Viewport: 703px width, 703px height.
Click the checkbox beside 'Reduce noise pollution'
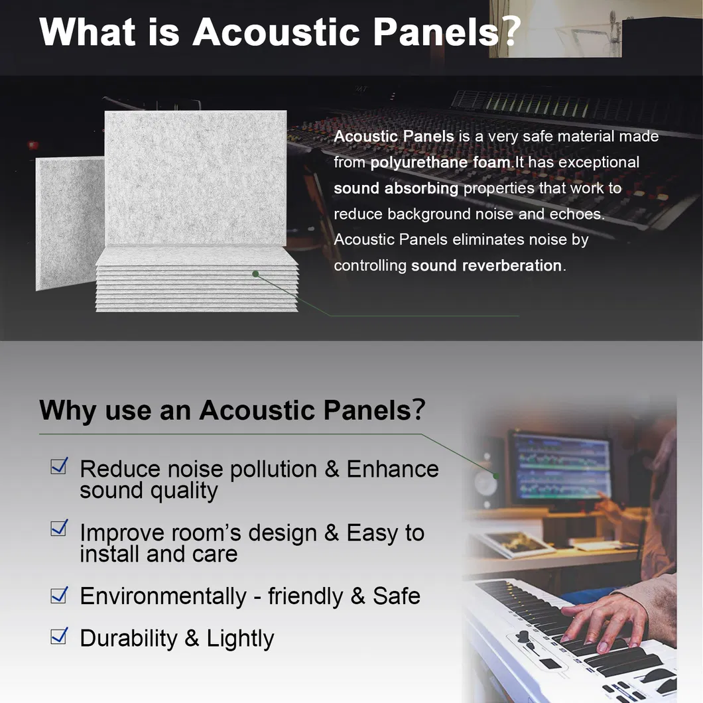click(59, 466)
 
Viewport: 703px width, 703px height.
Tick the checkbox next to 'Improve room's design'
click(59, 528)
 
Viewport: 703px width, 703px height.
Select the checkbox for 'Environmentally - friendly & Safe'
click(59, 595)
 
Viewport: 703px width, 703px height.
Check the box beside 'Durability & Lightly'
click(59, 636)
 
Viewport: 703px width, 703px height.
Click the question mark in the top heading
click(511, 31)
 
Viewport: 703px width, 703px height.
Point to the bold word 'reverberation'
click(511, 265)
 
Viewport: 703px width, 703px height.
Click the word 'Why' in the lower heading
click(67, 410)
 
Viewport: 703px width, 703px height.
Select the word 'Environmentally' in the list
click(163, 596)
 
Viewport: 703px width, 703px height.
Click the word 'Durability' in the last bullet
click(129, 638)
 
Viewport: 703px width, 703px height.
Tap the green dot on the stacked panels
click(255, 273)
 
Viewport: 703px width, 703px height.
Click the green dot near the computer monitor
click(495, 476)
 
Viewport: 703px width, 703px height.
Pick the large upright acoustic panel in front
click(196, 178)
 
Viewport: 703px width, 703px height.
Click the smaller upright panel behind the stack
click(70, 223)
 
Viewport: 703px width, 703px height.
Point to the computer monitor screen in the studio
click(561, 467)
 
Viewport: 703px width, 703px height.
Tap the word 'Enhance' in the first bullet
click(393, 469)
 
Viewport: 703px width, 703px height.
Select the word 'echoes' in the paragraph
click(576, 214)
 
